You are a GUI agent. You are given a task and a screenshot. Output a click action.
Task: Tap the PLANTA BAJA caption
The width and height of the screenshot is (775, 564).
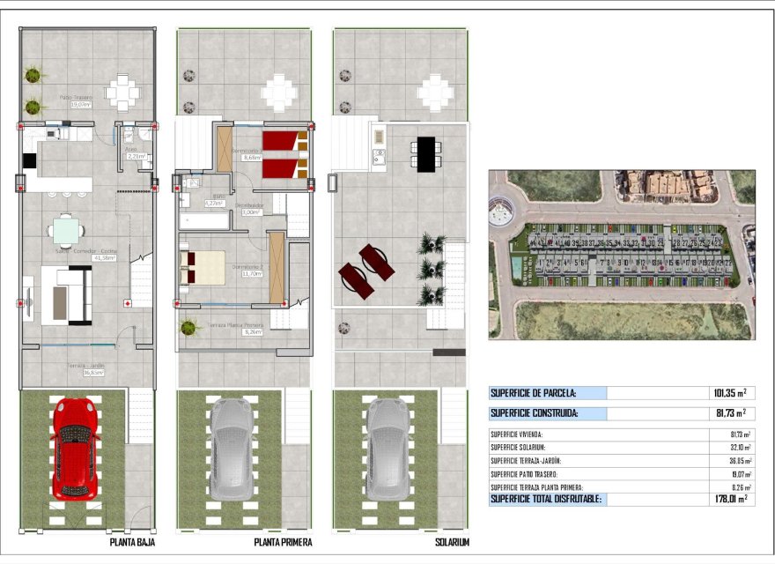pos(134,542)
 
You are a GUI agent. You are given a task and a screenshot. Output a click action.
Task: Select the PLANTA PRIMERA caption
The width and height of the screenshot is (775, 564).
pos(283,542)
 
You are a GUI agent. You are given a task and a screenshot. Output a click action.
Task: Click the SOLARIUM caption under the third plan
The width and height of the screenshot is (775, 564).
pos(451,542)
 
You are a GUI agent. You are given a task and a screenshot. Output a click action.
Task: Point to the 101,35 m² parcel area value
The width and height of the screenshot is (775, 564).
pos(729,393)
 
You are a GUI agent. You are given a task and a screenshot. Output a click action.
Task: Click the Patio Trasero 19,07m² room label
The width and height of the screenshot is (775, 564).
pos(77,100)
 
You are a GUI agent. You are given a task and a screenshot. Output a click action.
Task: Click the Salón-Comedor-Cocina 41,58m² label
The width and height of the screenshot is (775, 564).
pos(86,254)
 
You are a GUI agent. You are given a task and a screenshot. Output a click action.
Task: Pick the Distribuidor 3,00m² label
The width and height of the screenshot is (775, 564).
pos(249,208)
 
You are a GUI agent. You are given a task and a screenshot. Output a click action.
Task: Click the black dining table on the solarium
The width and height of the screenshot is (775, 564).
pos(426,154)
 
